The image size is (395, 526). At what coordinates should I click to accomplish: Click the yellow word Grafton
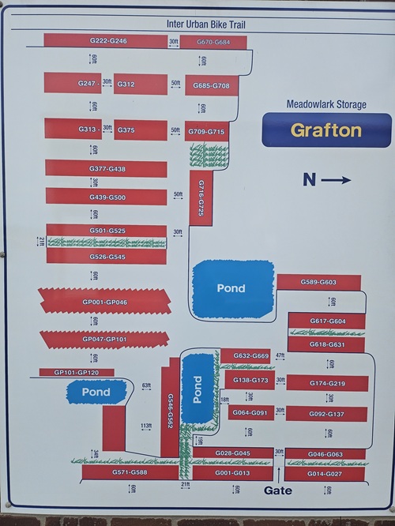coord(326,130)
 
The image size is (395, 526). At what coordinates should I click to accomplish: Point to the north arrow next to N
coord(337,180)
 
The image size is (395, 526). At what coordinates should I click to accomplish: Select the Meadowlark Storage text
coord(326,104)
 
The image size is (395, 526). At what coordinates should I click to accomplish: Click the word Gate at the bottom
coord(278,490)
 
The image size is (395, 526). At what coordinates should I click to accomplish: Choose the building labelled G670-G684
coord(213,41)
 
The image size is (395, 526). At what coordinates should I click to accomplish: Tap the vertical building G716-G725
coord(201,197)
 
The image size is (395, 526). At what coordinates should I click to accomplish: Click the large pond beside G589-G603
coord(231,287)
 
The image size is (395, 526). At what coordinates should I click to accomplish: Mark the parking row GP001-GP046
coord(104,302)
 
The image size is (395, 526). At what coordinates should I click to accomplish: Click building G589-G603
coord(318,282)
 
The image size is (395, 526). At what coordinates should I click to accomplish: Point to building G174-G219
coord(327,383)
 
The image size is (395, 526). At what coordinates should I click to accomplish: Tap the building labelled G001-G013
coord(233,473)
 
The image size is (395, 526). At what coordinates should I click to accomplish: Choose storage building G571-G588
coord(130,473)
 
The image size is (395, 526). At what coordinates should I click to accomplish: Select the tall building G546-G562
coord(170,411)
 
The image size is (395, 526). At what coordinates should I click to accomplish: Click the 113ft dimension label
coord(146,426)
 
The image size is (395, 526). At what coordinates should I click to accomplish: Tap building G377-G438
coord(106,169)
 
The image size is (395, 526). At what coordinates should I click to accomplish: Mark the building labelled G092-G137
coord(327,414)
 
